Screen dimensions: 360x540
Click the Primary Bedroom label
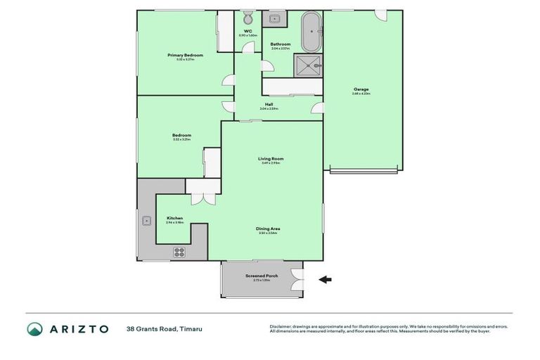pos(185,56)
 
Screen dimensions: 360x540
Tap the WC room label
pos(247,32)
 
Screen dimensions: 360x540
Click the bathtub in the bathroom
pos(310,31)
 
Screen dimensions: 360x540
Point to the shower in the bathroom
pos(308,65)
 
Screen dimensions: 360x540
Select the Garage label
pos(361,90)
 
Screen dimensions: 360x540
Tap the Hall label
pos(269,105)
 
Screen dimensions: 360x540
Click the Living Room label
pos(271,160)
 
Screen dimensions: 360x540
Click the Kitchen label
pos(174,219)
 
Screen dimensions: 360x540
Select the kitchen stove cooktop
pos(179,251)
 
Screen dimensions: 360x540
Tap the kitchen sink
pos(146,220)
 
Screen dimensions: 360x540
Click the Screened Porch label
pos(262,276)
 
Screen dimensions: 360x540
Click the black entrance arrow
pos(326,279)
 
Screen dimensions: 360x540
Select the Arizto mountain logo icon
pos(34,329)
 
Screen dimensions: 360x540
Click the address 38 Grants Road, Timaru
pos(160,329)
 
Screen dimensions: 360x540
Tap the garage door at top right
pos(380,15)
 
